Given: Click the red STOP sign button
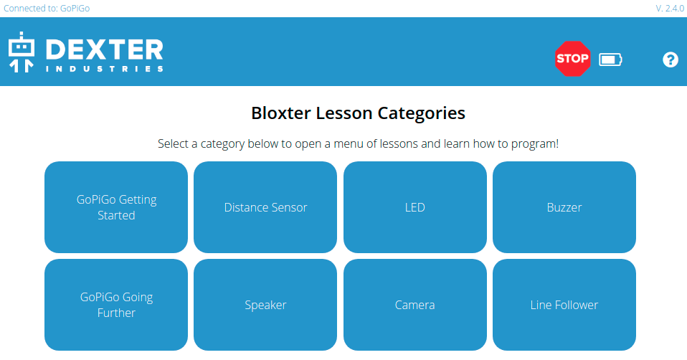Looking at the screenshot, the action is [x=572, y=59].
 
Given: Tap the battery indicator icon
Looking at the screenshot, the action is [x=610, y=60].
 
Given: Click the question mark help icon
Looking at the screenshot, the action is [x=670, y=60].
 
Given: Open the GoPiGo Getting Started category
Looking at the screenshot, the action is [x=116, y=207].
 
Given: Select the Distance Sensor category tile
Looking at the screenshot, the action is [x=265, y=207].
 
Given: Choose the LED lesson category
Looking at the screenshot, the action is [x=415, y=207].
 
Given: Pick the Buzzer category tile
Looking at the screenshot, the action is [x=564, y=207].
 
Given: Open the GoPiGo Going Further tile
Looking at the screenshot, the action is [x=116, y=305].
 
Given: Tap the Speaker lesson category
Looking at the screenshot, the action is [x=265, y=305].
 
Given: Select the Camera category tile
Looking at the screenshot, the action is [x=415, y=305].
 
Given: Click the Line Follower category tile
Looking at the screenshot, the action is [x=564, y=305].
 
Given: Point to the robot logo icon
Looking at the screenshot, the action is [x=22, y=52].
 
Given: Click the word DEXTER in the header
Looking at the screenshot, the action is [x=104, y=49].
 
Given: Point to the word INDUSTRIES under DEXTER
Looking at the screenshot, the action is [x=104, y=69].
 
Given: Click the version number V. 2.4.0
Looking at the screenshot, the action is [x=670, y=9].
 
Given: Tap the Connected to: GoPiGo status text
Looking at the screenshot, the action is [x=47, y=9].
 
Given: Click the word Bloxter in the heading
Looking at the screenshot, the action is [x=281, y=113].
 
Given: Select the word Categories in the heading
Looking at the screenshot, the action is [x=421, y=114].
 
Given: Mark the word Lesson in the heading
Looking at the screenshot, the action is [x=344, y=113].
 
